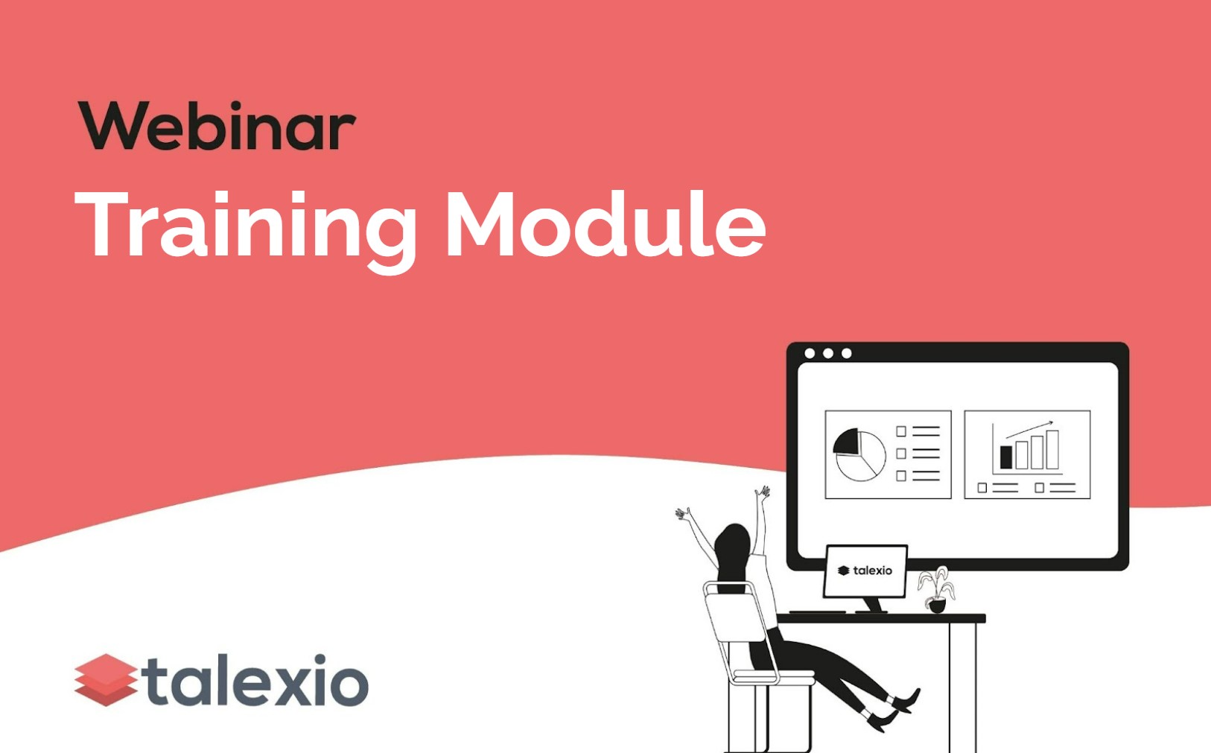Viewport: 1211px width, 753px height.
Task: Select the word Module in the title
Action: pyautogui.click(x=605, y=225)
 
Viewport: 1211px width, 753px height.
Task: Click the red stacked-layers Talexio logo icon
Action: pyautogui.click(x=106, y=679)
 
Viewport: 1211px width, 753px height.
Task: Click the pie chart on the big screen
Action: pyautogui.click(x=859, y=454)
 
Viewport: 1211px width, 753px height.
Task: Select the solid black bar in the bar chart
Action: pyautogui.click(x=1005, y=457)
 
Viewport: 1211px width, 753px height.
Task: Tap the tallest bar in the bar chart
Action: pyautogui.click(x=1052, y=449)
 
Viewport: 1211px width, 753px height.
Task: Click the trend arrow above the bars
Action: pyautogui.click(x=1029, y=429)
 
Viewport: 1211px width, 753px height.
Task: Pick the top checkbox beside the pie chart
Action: pyautogui.click(x=901, y=430)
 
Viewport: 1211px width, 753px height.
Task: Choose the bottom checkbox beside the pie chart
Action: pyautogui.click(x=901, y=476)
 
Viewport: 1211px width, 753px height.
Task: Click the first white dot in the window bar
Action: pyautogui.click(x=810, y=353)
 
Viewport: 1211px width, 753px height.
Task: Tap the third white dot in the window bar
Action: pyautogui.click(x=847, y=353)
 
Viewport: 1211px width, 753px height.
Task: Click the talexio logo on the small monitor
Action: pyautogui.click(x=865, y=571)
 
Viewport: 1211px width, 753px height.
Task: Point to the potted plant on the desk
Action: pyautogui.click(x=936, y=590)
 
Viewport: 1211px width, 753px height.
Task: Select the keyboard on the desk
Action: pyautogui.click(x=818, y=612)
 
